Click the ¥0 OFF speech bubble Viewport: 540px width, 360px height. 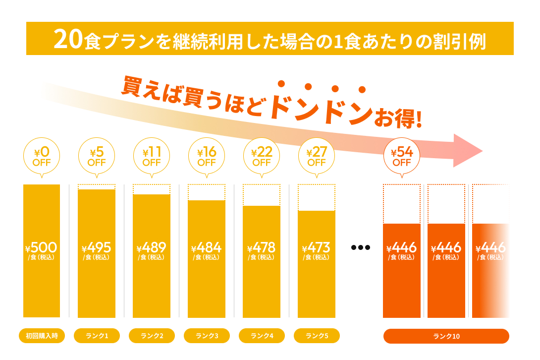click(42, 156)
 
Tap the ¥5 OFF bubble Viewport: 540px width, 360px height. click(97, 156)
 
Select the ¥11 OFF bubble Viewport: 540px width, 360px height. click(152, 156)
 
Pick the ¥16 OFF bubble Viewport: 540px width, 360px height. click(207, 156)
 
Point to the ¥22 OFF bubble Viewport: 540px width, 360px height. click(262, 156)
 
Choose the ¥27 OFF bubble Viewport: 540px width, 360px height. click(317, 156)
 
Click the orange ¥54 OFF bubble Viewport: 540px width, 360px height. click(402, 156)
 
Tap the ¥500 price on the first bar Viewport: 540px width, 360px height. click(42, 247)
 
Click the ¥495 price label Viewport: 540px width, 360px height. click(97, 247)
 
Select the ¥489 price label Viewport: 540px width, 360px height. click(152, 247)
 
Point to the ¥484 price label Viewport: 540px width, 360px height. click(207, 247)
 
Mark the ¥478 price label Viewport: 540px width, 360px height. click(262, 247)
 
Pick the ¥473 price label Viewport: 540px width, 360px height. click(317, 247)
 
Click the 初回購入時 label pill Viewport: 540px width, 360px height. click(42, 336)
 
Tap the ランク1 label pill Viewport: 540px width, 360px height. click(97, 336)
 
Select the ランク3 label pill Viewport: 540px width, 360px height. click(207, 336)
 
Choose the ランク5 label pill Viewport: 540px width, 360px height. click(317, 336)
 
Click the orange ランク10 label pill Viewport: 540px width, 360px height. click(446, 336)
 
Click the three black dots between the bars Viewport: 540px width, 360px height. click(360, 247)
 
